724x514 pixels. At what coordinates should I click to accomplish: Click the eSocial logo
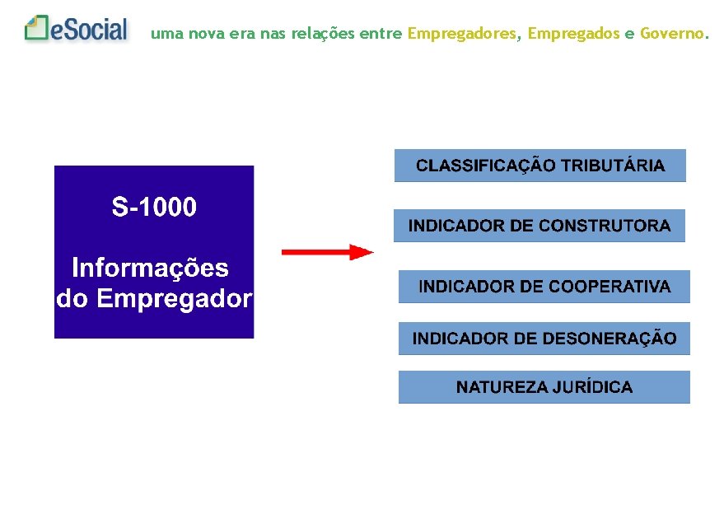[x=77, y=30]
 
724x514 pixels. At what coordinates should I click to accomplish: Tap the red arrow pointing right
[x=327, y=252]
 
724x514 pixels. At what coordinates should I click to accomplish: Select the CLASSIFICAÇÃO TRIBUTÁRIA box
[x=539, y=166]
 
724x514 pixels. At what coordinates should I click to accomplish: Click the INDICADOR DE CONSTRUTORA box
[x=539, y=226]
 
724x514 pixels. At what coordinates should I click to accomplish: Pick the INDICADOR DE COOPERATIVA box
[x=544, y=287]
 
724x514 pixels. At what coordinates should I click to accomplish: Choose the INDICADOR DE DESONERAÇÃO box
[x=544, y=339]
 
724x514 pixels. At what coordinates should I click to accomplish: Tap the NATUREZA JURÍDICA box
[x=544, y=387]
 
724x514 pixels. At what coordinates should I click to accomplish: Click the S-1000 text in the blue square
[x=154, y=208]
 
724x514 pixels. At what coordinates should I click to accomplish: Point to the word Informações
[x=150, y=268]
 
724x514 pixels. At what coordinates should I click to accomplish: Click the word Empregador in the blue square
[x=174, y=298]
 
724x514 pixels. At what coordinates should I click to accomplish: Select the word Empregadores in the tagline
[x=462, y=34]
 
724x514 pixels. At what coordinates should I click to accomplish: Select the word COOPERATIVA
[x=610, y=287]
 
